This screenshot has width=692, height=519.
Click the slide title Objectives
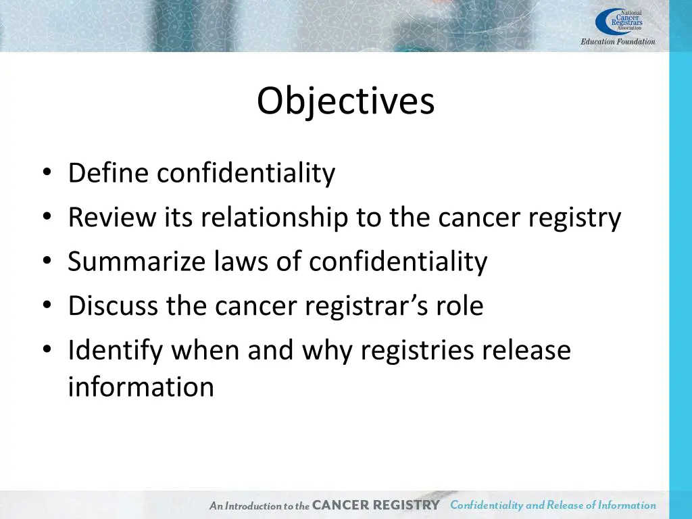point(345,101)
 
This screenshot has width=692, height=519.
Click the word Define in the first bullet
point(108,174)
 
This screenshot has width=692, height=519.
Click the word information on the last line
point(141,387)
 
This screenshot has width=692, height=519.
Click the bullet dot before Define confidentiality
point(46,174)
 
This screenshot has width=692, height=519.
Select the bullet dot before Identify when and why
point(46,350)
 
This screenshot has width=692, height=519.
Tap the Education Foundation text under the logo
point(618,42)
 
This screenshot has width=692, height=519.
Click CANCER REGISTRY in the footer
point(376,505)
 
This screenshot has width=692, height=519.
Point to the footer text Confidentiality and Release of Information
point(553,505)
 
